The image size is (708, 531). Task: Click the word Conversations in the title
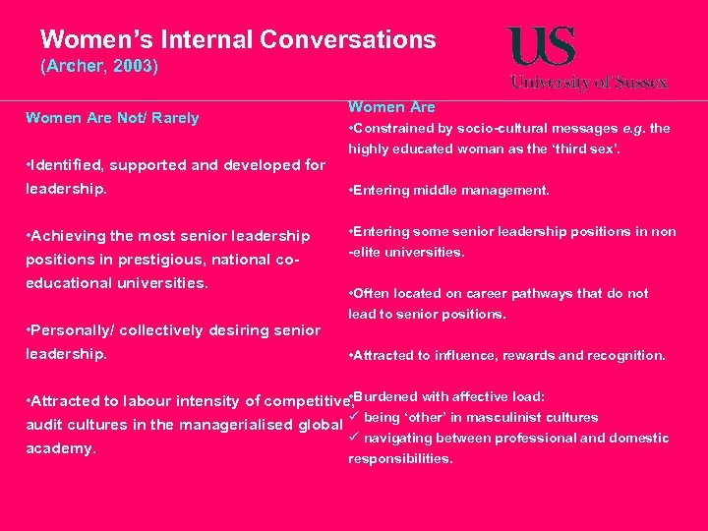point(348,39)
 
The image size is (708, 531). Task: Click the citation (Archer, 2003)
point(98,68)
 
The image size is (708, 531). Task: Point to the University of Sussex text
point(588,83)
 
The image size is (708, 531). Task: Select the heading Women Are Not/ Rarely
point(112,118)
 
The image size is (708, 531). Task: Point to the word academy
point(61,448)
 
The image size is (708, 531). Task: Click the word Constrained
point(398,129)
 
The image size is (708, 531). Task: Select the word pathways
point(551,294)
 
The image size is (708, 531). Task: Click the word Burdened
point(388,397)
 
